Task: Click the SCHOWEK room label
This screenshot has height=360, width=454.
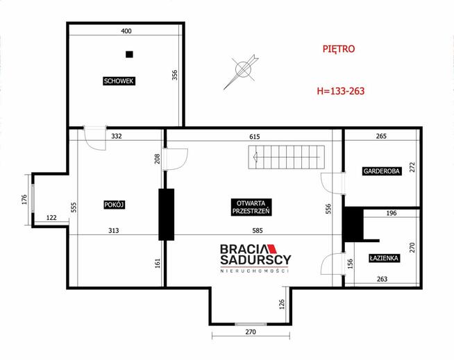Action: tap(119, 81)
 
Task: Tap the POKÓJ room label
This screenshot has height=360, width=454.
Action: tap(115, 205)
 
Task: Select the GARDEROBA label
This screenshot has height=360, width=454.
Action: tap(381, 171)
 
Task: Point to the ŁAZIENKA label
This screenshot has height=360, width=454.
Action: tap(384, 258)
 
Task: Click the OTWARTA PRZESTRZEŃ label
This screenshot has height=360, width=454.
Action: tap(251, 207)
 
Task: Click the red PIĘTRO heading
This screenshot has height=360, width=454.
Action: tap(339, 49)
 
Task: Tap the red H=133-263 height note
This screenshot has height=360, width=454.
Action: tap(341, 91)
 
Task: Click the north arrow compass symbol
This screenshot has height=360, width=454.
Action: tap(242, 71)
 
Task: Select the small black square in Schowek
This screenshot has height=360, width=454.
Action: tap(129, 54)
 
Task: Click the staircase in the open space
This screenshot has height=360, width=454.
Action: tap(287, 157)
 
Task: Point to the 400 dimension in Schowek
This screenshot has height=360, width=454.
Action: tap(126, 31)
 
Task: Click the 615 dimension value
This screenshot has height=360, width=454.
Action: tap(255, 137)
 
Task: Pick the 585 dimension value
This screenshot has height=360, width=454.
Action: tap(258, 231)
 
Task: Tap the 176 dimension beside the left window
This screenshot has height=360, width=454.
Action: tap(24, 200)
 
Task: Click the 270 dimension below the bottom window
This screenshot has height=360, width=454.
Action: tap(251, 332)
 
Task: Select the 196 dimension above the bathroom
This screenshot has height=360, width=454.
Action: tap(391, 213)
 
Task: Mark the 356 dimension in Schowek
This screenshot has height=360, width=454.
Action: tap(175, 75)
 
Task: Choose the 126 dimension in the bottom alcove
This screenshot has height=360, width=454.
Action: tap(282, 305)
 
